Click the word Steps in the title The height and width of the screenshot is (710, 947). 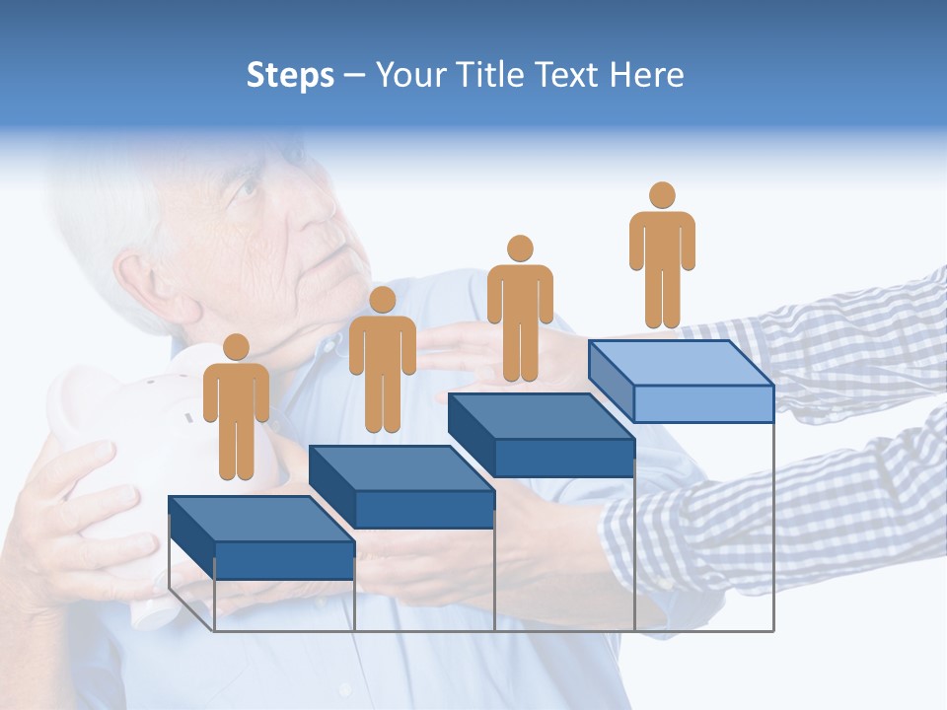(290, 75)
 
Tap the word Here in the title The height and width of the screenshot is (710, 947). (645, 75)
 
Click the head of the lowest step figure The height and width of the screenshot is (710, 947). (236, 347)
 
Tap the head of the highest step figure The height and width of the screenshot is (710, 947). (662, 195)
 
